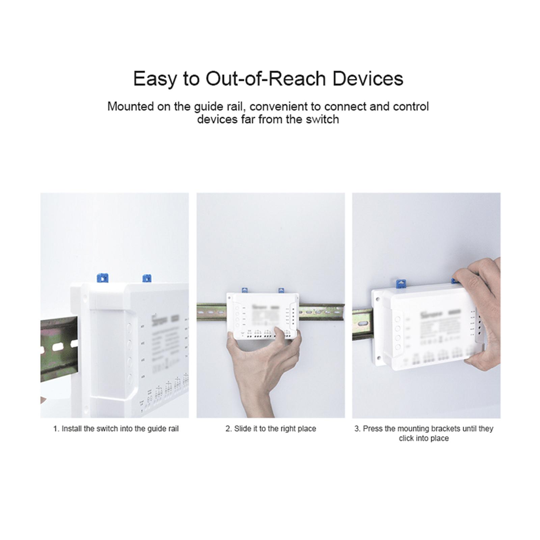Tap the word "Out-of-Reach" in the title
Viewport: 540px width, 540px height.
(266, 79)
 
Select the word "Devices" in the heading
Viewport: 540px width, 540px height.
(368, 79)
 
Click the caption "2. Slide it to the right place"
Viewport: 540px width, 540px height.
(271, 429)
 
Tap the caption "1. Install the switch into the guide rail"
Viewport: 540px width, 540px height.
(116, 429)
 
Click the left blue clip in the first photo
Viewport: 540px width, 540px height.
(102, 278)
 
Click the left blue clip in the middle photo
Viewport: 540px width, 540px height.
(245, 290)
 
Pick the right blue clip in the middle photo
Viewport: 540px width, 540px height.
(281, 290)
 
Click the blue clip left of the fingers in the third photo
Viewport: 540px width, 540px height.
(401, 283)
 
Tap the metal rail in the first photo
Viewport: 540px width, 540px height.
(57, 348)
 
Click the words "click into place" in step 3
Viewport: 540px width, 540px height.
(424, 438)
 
